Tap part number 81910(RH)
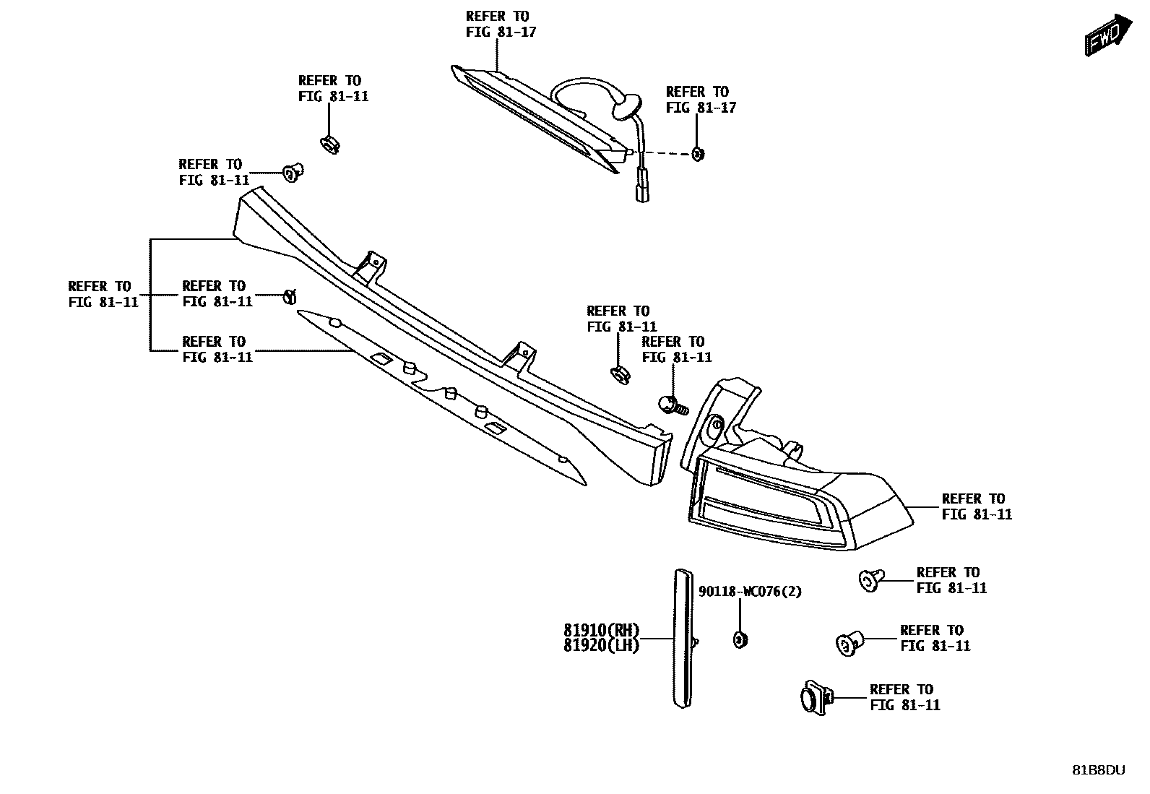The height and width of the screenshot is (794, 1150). [602, 630]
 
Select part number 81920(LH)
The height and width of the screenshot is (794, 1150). [602, 645]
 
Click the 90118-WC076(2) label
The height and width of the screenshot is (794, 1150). [750, 592]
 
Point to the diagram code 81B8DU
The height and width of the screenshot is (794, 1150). [1098, 770]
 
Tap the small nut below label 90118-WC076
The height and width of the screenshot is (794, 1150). [740, 639]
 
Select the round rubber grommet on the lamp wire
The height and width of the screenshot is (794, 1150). [626, 107]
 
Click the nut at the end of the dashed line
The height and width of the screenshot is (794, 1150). [697, 153]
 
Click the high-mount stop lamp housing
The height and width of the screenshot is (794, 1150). [535, 116]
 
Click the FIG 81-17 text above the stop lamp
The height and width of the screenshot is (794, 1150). [501, 32]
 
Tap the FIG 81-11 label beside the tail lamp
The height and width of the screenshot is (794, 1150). [977, 514]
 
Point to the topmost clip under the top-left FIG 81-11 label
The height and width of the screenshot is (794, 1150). [329, 144]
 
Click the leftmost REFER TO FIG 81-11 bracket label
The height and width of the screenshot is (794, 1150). [103, 294]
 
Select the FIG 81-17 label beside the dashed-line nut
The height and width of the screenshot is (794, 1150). [701, 108]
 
